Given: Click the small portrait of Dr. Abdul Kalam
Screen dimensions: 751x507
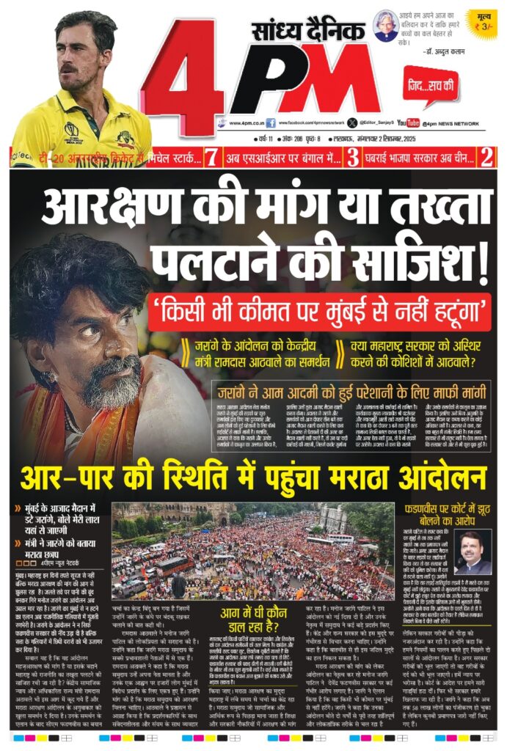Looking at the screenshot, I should pyautogui.click(x=385, y=25).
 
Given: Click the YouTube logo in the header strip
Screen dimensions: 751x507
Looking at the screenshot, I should pyautogui.click(x=409, y=123).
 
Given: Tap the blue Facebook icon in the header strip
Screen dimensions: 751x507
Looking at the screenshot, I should pyautogui.click(x=271, y=123).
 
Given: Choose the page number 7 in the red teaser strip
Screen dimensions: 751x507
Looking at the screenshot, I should pyautogui.click(x=211, y=156).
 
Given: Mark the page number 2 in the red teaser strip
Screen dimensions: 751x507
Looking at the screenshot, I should pyautogui.click(x=486, y=156).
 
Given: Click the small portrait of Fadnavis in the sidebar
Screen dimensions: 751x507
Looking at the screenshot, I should pyautogui.click(x=472, y=552).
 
